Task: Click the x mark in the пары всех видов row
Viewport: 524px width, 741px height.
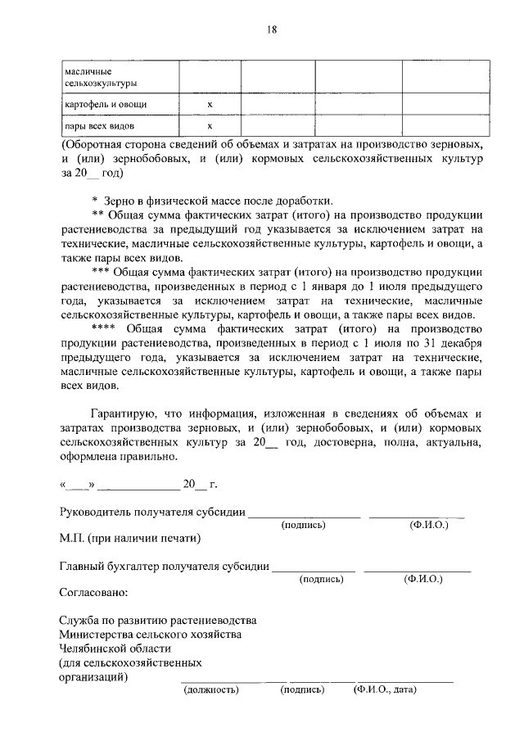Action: pyautogui.click(x=210, y=126)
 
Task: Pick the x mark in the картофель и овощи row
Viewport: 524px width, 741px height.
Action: pyautogui.click(x=210, y=105)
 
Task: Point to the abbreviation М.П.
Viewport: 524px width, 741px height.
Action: pyautogui.click(x=74, y=538)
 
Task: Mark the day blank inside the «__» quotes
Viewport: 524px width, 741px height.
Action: pyautogui.click(x=77, y=486)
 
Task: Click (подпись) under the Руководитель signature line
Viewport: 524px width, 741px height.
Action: pyautogui.click(x=303, y=525)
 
